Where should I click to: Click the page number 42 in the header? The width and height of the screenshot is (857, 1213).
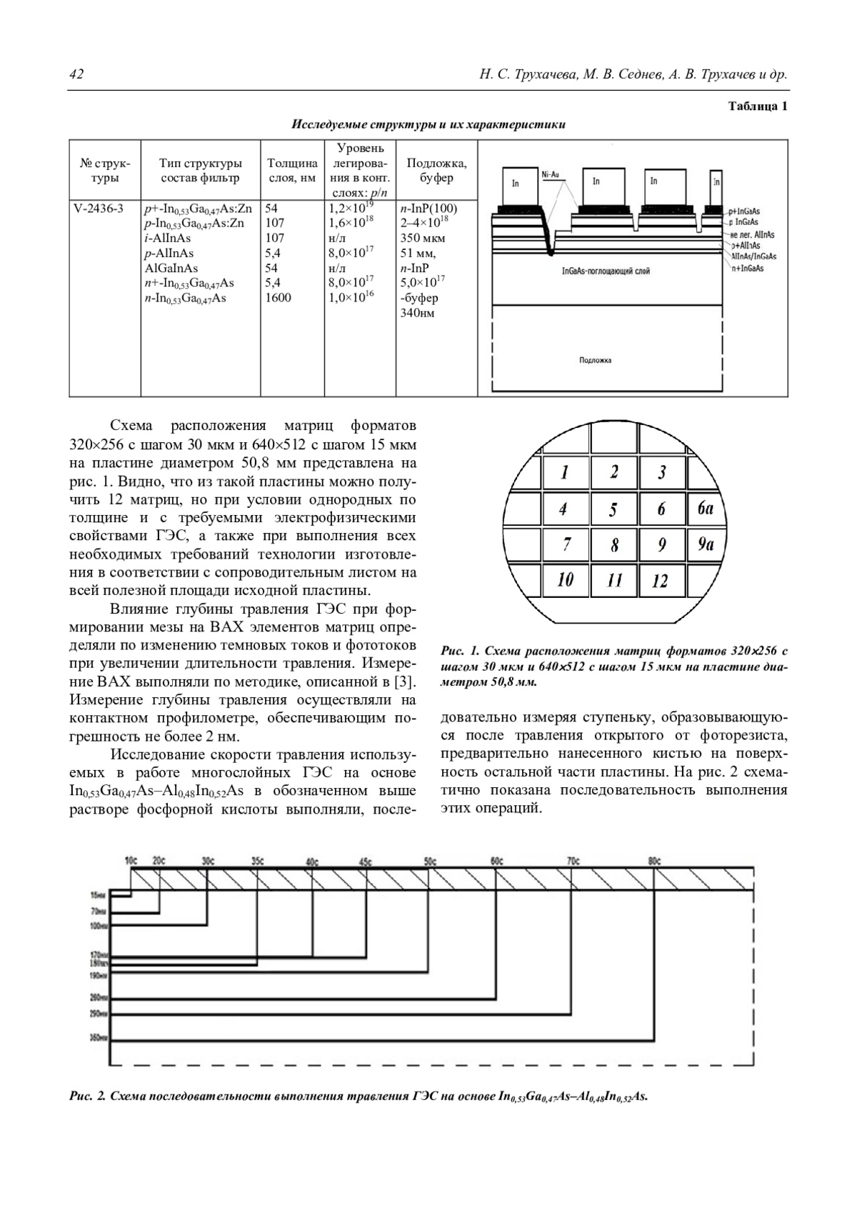click(76, 75)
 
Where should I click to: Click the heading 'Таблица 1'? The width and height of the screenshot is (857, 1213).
click(758, 106)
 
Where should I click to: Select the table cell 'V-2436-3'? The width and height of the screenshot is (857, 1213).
click(99, 209)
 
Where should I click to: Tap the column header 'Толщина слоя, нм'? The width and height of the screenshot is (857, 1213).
click(292, 171)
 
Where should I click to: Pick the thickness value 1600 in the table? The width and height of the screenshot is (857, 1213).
click(279, 298)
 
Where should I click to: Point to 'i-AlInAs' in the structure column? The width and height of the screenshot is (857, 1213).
click(167, 239)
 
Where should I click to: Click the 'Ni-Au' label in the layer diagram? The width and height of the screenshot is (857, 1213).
click(550, 174)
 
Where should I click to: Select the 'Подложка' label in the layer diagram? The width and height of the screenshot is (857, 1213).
click(595, 360)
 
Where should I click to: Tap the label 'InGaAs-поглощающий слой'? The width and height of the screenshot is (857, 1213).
click(606, 271)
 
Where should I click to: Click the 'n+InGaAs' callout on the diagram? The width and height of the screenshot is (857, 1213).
click(747, 268)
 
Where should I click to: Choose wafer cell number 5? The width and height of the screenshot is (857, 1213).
click(613, 510)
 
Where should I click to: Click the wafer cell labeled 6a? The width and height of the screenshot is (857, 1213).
click(706, 508)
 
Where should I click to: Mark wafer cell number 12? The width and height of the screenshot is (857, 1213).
click(660, 581)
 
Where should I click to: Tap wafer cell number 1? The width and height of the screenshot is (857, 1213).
click(565, 472)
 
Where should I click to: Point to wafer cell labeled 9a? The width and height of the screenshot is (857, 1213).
click(706, 544)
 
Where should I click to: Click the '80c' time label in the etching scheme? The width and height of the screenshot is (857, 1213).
click(654, 861)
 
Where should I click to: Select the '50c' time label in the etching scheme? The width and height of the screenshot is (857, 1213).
click(430, 861)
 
